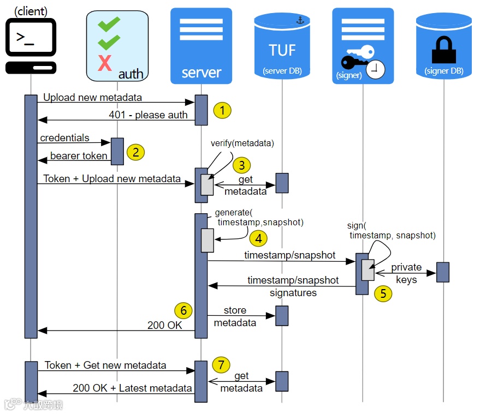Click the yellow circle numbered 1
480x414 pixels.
click(222, 110)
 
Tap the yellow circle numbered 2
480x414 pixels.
click(135, 151)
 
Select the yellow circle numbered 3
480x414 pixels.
click(241, 165)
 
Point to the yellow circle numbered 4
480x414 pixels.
click(258, 238)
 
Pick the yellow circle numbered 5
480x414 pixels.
click(383, 293)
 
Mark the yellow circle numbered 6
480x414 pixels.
click(183, 310)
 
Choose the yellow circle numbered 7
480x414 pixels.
click(221, 364)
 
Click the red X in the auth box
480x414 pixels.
click(104, 63)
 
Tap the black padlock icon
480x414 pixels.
click(443, 50)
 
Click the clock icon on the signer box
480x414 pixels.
click(375, 69)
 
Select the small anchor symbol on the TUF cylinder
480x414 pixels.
click(299, 20)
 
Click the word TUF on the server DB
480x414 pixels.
click(282, 50)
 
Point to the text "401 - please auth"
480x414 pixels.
click(148, 115)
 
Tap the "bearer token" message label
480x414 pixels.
click(79, 156)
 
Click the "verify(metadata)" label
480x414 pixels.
click(242, 143)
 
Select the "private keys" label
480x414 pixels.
click(406, 273)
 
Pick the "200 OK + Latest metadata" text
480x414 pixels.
click(132, 388)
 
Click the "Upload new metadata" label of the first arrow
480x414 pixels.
click(92, 98)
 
